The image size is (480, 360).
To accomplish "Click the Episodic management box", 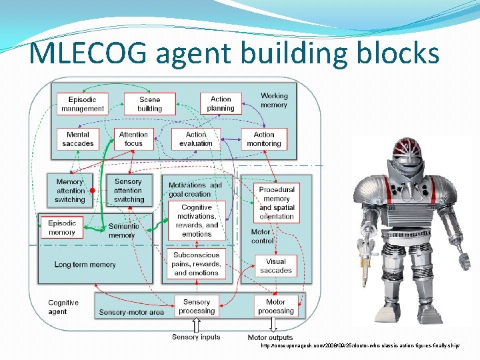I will [83, 104].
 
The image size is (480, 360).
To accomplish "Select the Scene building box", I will [149, 104].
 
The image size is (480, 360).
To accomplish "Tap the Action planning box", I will [221, 103].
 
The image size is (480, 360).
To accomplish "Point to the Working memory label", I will [274, 101].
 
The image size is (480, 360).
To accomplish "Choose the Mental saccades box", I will [78, 139].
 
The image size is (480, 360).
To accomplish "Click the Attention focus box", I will [133, 139].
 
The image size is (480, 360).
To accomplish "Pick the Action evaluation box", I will [196, 139].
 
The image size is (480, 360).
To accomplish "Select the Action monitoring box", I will [264, 139].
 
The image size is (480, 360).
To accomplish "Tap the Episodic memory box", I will [62, 227].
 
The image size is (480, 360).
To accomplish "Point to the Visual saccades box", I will [276, 265].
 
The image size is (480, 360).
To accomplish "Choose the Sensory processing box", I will [197, 306].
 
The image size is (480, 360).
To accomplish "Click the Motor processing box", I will [276, 306].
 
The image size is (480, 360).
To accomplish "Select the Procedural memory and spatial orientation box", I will [277, 203].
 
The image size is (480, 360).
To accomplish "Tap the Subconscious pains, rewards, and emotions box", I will [196, 264].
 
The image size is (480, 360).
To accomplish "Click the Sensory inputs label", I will [196, 337].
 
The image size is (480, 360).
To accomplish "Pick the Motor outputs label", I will [270, 338].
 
